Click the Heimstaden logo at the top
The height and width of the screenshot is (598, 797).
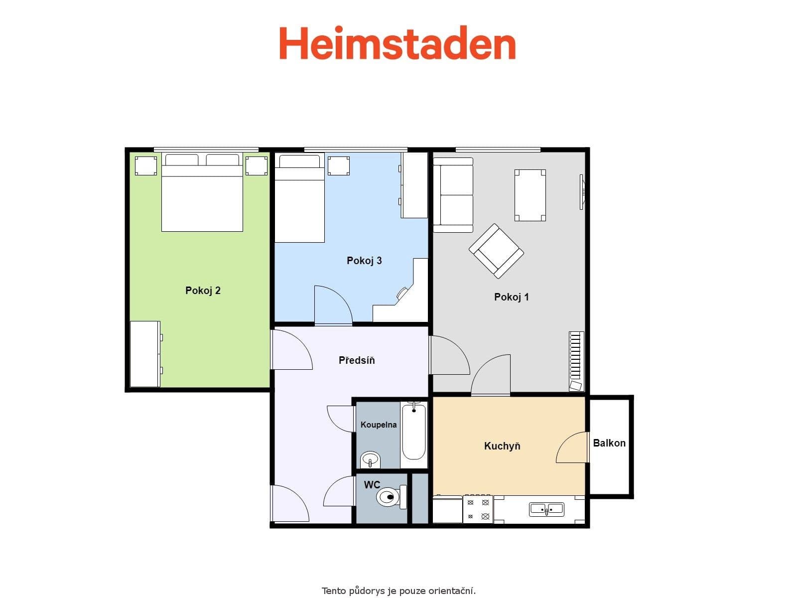coord(397,43)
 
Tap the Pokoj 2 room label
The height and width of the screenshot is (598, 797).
coord(203,291)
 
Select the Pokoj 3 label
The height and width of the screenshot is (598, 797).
coord(364,261)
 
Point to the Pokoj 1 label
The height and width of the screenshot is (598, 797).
coord(511,297)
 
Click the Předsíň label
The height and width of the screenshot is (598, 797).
coord(357,360)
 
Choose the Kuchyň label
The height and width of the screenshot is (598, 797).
coord(502,446)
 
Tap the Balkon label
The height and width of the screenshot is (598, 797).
coord(609,443)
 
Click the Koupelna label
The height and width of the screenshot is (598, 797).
coord(379,425)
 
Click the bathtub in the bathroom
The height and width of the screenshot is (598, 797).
coord(414,433)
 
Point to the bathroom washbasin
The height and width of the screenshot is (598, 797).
coord(370,459)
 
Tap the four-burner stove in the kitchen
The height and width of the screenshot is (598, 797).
coord(478,509)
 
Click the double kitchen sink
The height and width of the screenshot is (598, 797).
coord(546,509)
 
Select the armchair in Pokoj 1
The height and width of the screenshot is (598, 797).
coord(496,251)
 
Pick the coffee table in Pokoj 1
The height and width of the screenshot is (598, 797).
coord(530,195)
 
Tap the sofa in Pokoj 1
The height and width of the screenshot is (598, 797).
coord(452,195)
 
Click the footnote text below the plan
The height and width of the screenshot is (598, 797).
coord(398,591)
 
